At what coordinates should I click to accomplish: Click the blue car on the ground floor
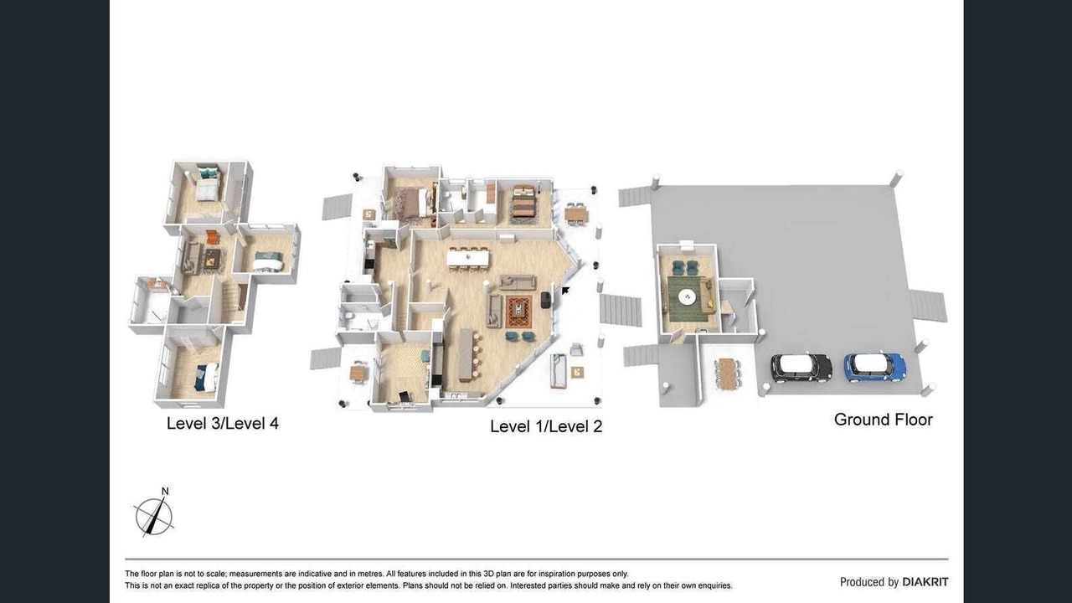[x=875, y=368]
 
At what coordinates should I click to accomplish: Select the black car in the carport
[x=801, y=368]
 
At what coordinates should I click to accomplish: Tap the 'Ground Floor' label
[x=883, y=420]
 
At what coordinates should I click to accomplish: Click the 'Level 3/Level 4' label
[x=223, y=423]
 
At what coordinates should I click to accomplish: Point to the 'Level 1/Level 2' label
[x=546, y=426]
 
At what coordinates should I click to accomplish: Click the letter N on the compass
[x=165, y=491]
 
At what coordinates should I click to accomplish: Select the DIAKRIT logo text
[x=925, y=582]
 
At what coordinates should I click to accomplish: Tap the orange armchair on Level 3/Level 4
[x=212, y=236]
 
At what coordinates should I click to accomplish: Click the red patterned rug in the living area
[x=518, y=312]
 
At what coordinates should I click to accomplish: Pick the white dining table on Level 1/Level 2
[x=468, y=259]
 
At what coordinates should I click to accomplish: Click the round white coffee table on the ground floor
[x=688, y=297]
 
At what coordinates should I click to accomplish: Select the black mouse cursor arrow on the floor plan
[x=565, y=290]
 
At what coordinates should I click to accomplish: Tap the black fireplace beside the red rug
[x=546, y=299]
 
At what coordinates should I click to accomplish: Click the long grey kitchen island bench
[x=466, y=354]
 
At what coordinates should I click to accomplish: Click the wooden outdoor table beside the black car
[x=728, y=374]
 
